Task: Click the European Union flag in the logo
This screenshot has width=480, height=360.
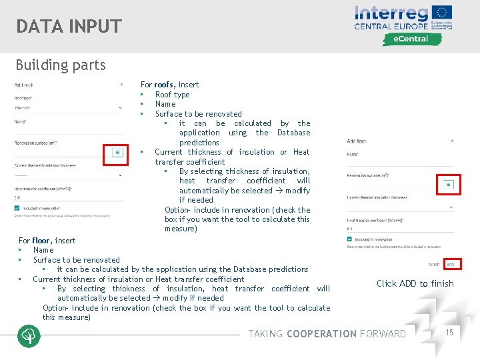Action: (x=443, y=13)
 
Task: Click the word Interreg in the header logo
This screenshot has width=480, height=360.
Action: (x=391, y=13)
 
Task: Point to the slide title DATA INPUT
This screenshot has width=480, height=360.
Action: (x=69, y=27)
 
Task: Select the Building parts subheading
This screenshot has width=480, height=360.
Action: (x=61, y=65)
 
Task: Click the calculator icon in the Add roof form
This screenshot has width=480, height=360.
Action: (x=117, y=153)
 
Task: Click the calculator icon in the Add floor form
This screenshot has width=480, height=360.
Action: (x=448, y=184)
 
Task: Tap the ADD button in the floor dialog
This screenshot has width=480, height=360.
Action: (x=451, y=265)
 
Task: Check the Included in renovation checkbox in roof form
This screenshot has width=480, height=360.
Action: (x=17, y=208)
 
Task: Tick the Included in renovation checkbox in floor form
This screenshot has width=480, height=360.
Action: (x=350, y=239)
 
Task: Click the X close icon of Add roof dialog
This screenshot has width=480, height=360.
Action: (x=121, y=85)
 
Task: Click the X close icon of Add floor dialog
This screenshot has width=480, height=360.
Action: (x=452, y=141)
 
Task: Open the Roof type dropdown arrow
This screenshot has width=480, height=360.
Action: (x=121, y=107)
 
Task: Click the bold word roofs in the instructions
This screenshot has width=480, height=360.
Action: (x=165, y=85)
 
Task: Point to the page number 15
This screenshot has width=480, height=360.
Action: (x=449, y=331)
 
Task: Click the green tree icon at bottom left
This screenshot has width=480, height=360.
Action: (x=29, y=335)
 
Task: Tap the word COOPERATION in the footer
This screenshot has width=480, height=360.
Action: (x=321, y=334)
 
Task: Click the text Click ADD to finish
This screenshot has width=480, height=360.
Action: (x=415, y=283)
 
